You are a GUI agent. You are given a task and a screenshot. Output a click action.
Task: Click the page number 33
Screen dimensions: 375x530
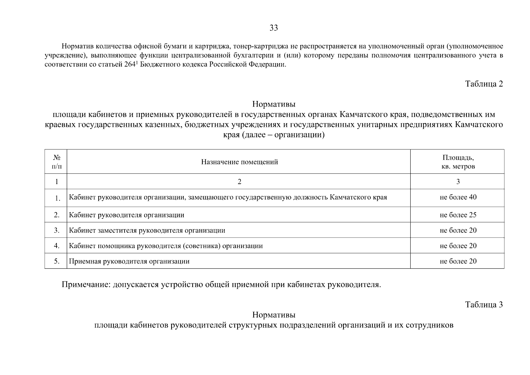(274, 28)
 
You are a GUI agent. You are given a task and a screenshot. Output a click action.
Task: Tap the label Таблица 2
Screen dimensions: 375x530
(484, 84)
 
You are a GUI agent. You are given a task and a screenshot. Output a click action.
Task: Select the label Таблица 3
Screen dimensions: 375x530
(484, 304)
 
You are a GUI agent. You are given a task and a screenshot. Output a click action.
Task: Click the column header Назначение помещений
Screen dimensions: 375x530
(239, 162)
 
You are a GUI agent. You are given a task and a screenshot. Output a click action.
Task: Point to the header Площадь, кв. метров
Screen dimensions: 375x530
(458, 162)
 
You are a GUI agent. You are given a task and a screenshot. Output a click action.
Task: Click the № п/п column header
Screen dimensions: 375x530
(57, 162)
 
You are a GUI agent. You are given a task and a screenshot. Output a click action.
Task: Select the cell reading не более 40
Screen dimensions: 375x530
(458, 197)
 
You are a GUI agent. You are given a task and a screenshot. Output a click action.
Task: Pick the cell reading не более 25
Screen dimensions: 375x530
(458, 215)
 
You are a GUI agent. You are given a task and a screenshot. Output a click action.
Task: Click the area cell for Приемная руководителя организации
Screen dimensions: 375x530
(458, 261)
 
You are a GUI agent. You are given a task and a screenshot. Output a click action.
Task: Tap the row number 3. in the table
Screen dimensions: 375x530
(57, 230)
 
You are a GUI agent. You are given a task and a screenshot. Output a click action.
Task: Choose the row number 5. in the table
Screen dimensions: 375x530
(57, 261)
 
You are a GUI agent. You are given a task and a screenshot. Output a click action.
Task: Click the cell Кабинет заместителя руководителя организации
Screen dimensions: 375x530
(147, 231)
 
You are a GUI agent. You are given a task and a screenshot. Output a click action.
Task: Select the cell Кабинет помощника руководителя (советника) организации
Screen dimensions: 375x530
(166, 246)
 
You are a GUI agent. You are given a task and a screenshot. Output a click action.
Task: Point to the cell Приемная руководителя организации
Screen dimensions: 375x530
(129, 261)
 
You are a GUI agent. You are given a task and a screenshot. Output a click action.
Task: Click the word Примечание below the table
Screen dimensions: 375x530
(86, 285)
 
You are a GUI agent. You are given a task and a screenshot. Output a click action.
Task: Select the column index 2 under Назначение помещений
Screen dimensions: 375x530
(239, 182)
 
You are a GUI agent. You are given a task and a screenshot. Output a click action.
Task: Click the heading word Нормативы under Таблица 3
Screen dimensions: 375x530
(274, 314)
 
